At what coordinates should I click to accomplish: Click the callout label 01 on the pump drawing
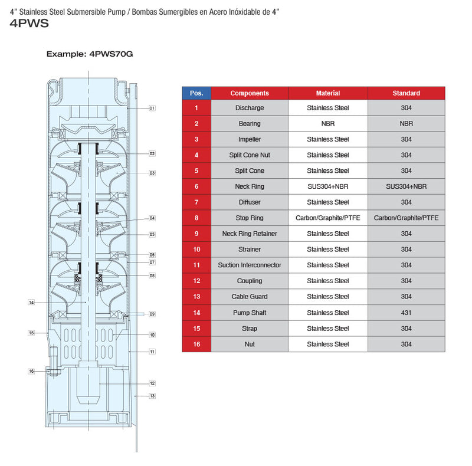(x=152, y=108)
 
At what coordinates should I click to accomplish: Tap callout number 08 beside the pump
(x=152, y=275)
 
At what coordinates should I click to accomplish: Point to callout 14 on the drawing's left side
(x=32, y=303)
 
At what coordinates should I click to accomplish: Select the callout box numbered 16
(x=32, y=371)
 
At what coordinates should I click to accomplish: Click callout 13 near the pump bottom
(x=152, y=396)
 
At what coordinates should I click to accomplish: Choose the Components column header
(x=250, y=93)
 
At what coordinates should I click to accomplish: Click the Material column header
(x=328, y=93)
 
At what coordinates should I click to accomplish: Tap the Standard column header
(x=407, y=93)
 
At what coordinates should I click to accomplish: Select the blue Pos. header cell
(x=196, y=93)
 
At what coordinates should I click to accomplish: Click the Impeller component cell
(x=250, y=139)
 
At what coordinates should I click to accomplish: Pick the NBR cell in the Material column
(x=328, y=124)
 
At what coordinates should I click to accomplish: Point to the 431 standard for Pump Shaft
(x=407, y=313)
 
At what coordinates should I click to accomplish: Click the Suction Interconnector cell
(x=250, y=265)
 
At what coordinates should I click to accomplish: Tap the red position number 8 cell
(x=196, y=218)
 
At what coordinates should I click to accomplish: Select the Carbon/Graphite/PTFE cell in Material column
(x=328, y=218)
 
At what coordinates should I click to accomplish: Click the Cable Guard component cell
(x=250, y=297)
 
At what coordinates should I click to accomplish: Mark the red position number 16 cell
(x=196, y=344)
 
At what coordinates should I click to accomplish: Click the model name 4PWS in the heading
(x=29, y=24)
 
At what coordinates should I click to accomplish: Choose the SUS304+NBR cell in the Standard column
(x=407, y=186)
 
